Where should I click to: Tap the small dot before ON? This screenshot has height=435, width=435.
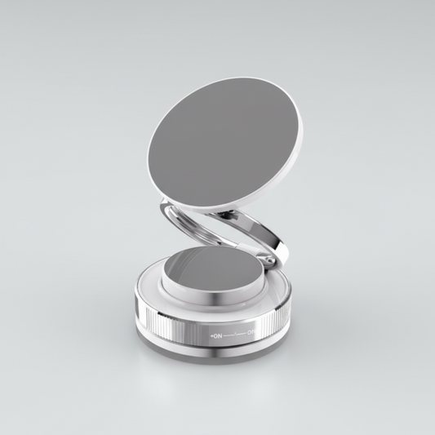[212, 335]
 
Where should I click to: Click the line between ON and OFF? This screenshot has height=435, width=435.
[234, 334]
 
